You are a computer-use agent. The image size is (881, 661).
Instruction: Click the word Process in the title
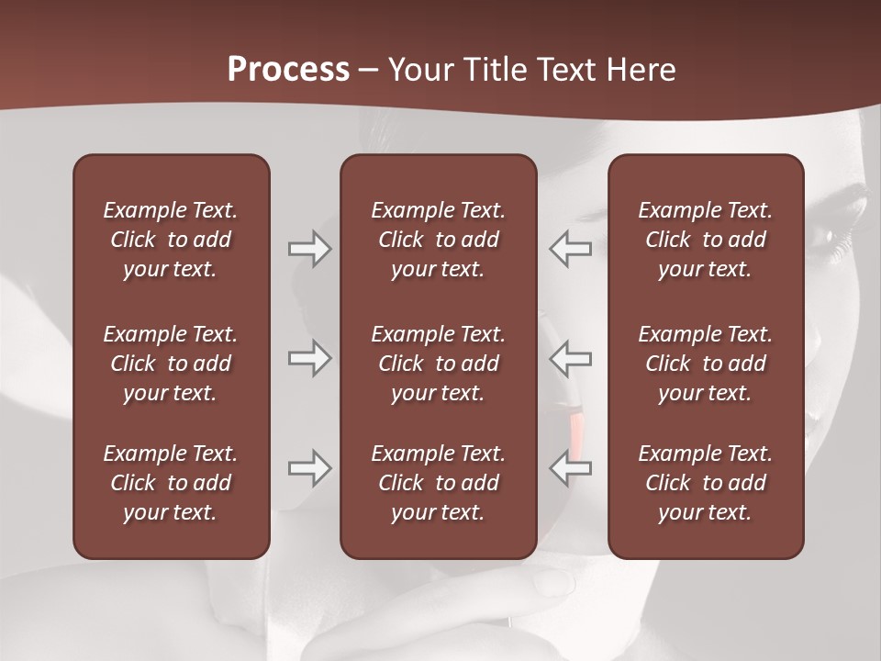(x=288, y=70)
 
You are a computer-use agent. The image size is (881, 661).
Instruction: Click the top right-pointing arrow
(x=309, y=249)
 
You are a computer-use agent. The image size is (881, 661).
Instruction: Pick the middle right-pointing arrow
(x=309, y=358)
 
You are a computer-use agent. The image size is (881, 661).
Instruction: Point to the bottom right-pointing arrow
(x=309, y=468)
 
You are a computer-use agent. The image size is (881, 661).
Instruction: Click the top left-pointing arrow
(x=571, y=249)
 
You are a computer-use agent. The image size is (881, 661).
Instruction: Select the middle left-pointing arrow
(x=571, y=358)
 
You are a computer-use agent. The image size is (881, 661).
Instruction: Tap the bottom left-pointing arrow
(x=571, y=468)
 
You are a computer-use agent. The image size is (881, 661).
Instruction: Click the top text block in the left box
(x=171, y=240)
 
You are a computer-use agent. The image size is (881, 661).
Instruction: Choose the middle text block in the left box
(x=171, y=364)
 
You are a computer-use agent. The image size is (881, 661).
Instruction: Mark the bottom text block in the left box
(x=171, y=483)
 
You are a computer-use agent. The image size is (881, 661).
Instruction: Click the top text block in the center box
(x=438, y=240)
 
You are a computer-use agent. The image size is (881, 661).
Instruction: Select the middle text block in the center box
(x=438, y=364)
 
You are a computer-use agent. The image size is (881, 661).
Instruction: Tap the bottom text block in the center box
(x=438, y=483)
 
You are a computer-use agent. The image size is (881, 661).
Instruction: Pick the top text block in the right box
(x=705, y=240)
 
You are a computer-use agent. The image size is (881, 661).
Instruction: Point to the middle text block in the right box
(x=705, y=364)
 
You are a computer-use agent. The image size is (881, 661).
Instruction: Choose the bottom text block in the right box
(x=705, y=483)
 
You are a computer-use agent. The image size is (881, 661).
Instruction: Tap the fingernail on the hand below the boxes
(x=552, y=582)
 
